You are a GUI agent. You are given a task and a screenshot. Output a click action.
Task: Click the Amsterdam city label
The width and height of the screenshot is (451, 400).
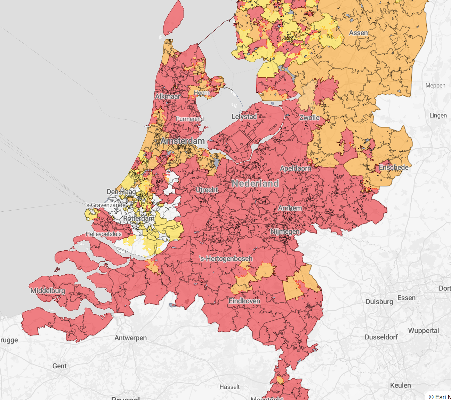[x=183, y=141]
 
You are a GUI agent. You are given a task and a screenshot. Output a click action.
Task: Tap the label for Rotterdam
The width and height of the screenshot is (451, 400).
[x=139, y=218]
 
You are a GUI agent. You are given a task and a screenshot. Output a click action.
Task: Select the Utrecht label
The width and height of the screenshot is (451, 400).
[x=207, y=190]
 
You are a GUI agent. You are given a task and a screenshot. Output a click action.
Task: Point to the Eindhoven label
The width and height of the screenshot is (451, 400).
[x=244, y=301]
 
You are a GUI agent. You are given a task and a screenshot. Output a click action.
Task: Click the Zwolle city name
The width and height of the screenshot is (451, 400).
[x=309, y=118]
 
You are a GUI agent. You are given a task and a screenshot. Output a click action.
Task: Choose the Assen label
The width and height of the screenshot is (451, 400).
[x=358, y=33]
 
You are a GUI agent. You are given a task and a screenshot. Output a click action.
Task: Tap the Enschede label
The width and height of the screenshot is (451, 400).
[x=394, y=167]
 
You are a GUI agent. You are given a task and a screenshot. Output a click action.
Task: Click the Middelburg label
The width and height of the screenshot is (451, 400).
[x=48, y=291]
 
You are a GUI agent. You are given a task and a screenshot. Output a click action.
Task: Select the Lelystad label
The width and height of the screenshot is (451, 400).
[x=244, y=117]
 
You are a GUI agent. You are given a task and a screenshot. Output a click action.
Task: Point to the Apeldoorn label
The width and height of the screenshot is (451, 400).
[x=296, y=168]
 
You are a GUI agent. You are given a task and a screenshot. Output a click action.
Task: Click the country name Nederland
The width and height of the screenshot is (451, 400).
[x=255, y=183]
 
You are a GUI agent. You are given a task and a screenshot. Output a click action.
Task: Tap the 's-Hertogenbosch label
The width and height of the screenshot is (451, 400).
[x=226, y=259]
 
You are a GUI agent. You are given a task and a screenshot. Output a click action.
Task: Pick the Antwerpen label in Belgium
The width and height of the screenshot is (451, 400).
[x=130, y=338]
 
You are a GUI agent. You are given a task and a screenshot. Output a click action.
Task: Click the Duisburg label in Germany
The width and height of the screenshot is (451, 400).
[x=379, y=301]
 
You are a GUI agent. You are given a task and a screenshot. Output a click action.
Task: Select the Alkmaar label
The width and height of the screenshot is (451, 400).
[x=168, y=96]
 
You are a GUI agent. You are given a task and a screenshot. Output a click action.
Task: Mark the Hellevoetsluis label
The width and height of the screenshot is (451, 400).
[x=104, y=234]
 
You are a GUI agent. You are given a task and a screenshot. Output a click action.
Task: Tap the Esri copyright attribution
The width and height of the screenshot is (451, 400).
[x=439, y=397]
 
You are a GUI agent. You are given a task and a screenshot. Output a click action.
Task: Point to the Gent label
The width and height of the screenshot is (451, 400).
[x=59, y=366]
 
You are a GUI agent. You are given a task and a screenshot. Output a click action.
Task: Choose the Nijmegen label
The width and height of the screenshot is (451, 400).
[x=285, y=232]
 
